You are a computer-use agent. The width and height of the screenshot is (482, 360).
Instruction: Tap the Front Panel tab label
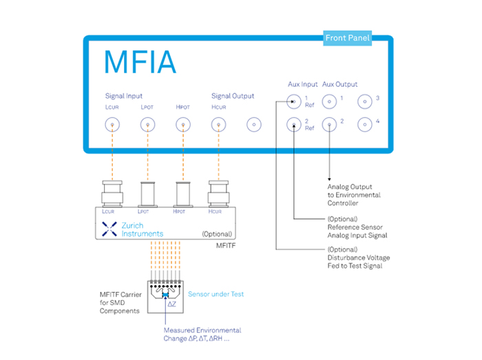point(347,39)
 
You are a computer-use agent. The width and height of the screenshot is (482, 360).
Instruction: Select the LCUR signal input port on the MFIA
point(110,125)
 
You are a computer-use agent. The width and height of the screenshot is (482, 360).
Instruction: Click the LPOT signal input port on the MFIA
point(147,125)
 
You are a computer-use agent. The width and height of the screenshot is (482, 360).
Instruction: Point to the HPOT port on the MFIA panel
point(182,125)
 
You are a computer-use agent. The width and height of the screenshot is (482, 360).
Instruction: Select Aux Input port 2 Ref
point(294,125)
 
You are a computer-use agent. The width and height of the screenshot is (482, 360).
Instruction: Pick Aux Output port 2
point(330,125)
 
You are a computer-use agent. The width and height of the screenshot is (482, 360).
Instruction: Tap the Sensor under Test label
point(216,294)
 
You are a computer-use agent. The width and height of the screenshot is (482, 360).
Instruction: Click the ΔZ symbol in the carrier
point(165,304)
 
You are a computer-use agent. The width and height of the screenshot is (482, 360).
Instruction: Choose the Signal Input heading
point(124,96)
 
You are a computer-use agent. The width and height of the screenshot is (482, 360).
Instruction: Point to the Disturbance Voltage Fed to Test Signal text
point(358,258)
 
